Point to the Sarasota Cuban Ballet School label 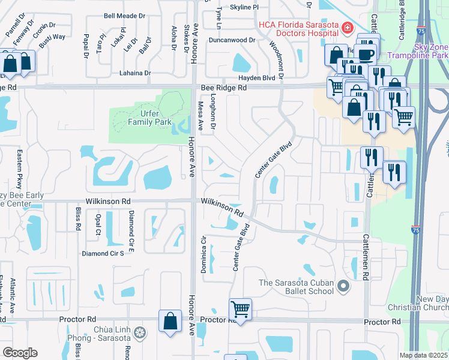(296, 287)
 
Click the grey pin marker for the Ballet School (343, 287)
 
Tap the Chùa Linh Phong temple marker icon (139, 332)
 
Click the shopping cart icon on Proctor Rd (240, 310)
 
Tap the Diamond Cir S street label (103, 253)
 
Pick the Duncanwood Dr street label (232, 40)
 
